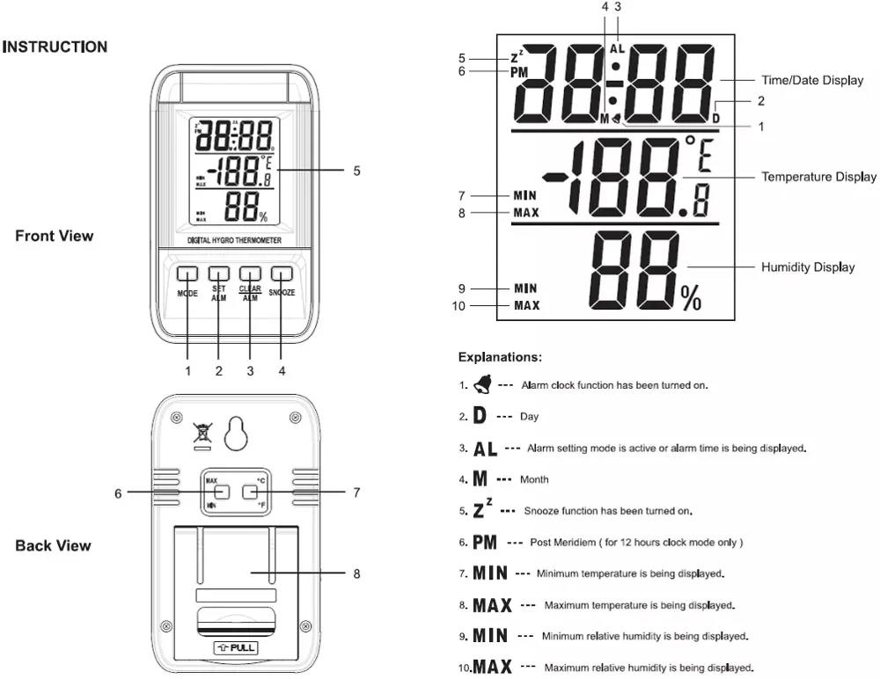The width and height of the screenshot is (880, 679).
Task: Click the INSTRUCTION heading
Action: coord(55,47)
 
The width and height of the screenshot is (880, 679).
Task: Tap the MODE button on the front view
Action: coord(187,274)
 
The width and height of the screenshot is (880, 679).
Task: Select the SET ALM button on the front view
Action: coord(219,274)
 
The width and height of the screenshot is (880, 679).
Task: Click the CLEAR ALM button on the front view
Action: coord(250,274)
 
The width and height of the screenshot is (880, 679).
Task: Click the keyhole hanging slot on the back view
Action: coord(235,433)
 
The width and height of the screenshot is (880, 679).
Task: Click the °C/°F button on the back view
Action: coord(249,493)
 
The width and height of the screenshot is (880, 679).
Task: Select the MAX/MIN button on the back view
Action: coord(222,493)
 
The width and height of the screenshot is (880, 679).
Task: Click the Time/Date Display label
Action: coord(810,80)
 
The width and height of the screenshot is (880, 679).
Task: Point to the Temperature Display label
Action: coord(818,177)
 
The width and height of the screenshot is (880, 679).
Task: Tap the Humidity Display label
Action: coord(807,266)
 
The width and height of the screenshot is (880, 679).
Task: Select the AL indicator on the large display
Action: coord(618,49)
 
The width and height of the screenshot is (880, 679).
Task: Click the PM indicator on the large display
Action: coord(519,73)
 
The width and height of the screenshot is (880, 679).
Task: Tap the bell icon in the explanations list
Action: coord(483,383)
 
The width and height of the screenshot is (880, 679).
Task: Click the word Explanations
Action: coord(499,357)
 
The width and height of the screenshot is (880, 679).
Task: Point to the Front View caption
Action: coord(54,236)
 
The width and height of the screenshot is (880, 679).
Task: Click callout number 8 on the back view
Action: coord(356,573)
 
